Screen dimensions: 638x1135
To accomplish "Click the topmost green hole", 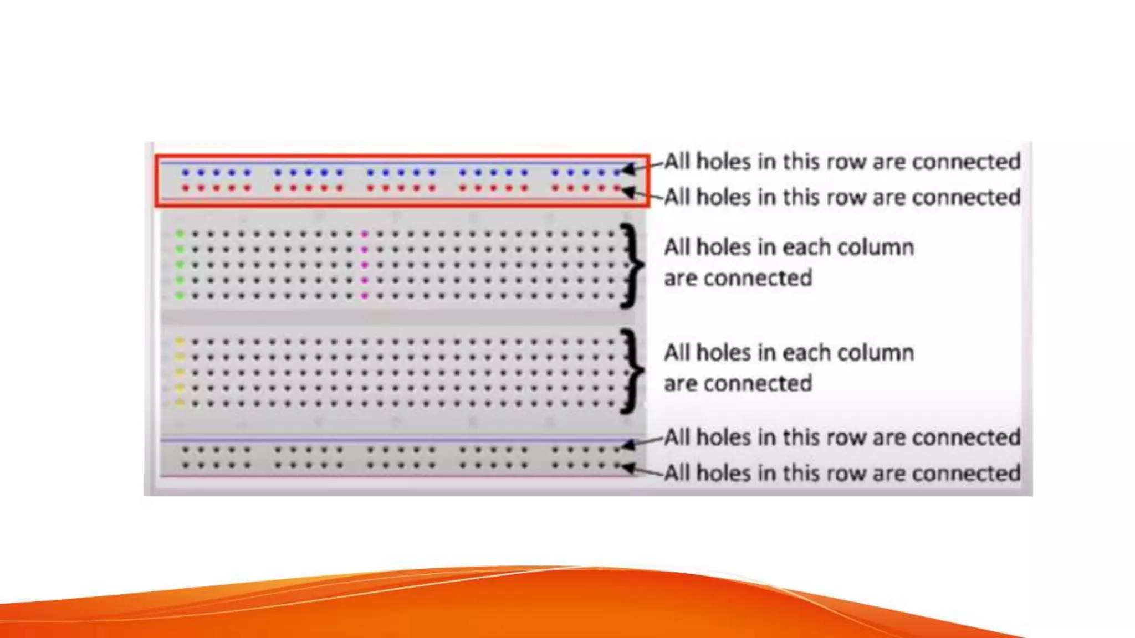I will (180, 234).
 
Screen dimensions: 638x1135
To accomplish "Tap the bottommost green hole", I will (180, 296).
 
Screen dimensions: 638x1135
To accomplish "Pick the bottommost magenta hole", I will (364, 296).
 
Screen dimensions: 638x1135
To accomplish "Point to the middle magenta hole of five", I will (364, 265).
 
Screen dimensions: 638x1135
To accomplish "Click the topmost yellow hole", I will (180, 342).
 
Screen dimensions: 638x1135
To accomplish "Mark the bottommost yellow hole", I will (180, 403).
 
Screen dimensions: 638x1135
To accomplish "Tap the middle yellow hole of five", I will (180, 373).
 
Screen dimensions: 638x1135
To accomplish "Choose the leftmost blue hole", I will (185, 173).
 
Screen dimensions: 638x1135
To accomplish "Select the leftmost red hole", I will (185, 188).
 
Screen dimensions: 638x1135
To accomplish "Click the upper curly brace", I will (631, 265).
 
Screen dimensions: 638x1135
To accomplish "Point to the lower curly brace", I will (631, 371).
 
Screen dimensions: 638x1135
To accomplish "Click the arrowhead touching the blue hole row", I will (628, 169).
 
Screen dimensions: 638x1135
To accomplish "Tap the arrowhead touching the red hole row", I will (628, 192).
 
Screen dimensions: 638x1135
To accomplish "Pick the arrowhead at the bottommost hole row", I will (628, 468).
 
